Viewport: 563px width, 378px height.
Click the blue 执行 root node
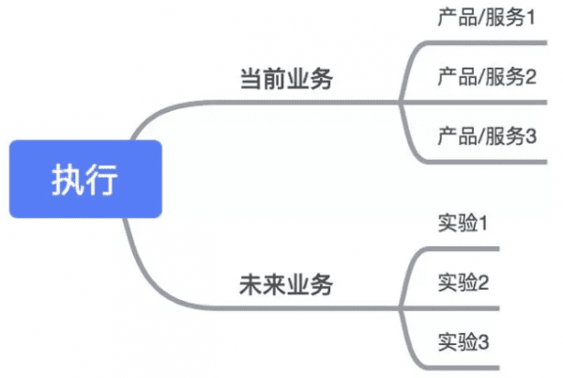[85, 180]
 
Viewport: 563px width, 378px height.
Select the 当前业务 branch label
[285, 80]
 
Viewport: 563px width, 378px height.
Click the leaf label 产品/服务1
[486, 18]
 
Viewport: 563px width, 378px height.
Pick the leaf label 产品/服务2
[486, 76]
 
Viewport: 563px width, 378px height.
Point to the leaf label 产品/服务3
[486, 136]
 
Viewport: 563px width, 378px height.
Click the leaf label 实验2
[464, 282]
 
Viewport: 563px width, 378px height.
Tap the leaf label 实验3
[464, 341]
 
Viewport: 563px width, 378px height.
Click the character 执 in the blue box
[68, 180]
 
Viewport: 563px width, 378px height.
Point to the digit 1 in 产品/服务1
[529, 18]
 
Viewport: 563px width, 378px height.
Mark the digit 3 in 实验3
[484, 341]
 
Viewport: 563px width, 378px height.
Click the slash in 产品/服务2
[481, 76]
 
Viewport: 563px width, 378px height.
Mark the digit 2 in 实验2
[484, 282]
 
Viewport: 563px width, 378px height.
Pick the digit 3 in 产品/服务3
[529, 136]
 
